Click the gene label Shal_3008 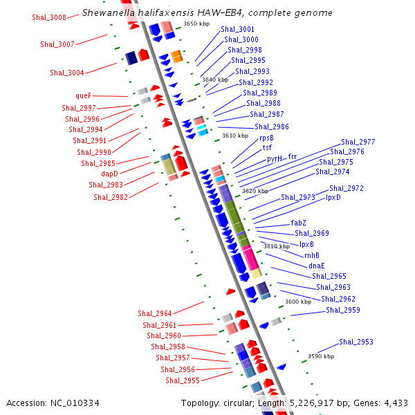click(x=49, y=17)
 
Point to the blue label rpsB click(x=266, y=138)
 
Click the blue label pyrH click(x=275, y=158)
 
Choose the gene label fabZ click(x=299, y=223)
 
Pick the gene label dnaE click(x=317, y=266)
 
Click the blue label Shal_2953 click(x=356, y=342)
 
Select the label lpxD click(x=333, y=197)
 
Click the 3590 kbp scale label click(x=321, y=356)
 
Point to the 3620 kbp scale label click(x=255, y=191)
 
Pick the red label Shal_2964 click(x=155, y=314)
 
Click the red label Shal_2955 click(x=183, y=380)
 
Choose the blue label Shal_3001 click(x=238, y=30)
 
